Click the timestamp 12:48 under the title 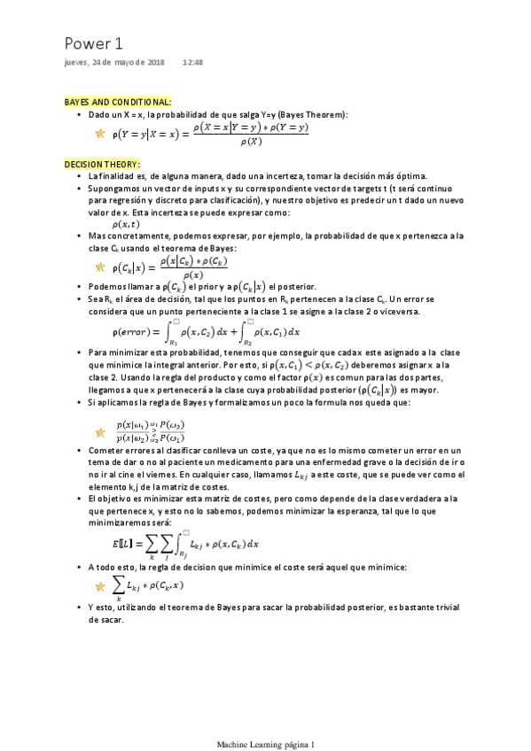point(193,63)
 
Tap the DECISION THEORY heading point(98,164)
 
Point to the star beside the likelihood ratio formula point(99,433)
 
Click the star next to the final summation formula point(99,586)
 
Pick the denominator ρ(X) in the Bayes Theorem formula point(251,141)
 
